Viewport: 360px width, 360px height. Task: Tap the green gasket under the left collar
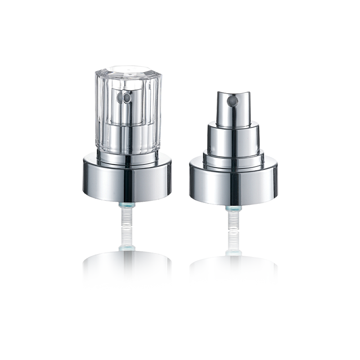(126, 204)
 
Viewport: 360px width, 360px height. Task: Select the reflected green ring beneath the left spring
(126, 248)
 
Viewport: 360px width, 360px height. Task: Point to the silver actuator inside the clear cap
(126, 117)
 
